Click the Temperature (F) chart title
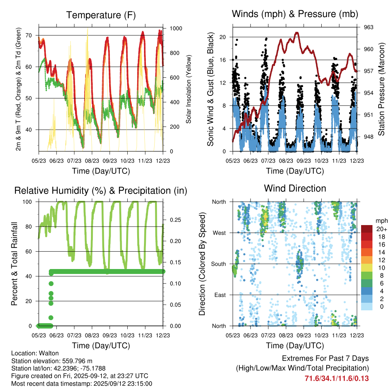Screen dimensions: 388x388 click(x=101, y=15)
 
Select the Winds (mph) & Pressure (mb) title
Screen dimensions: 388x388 click(x=295, y=14)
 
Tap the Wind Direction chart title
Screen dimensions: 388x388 click(x=295, y=188)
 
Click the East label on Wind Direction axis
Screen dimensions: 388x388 click(x=220, y=295)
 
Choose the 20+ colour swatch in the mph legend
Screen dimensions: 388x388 click(x=367, y=229)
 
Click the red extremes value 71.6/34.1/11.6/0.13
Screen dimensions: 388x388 click(x=336, y=379)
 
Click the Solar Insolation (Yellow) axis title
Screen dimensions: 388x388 click(x=188, y=89)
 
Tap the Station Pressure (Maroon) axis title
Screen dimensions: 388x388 click(x=382, y=89)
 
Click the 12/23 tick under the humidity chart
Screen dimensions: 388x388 click(x=163, y=335)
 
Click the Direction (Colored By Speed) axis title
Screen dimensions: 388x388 click(x=202, y=264)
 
